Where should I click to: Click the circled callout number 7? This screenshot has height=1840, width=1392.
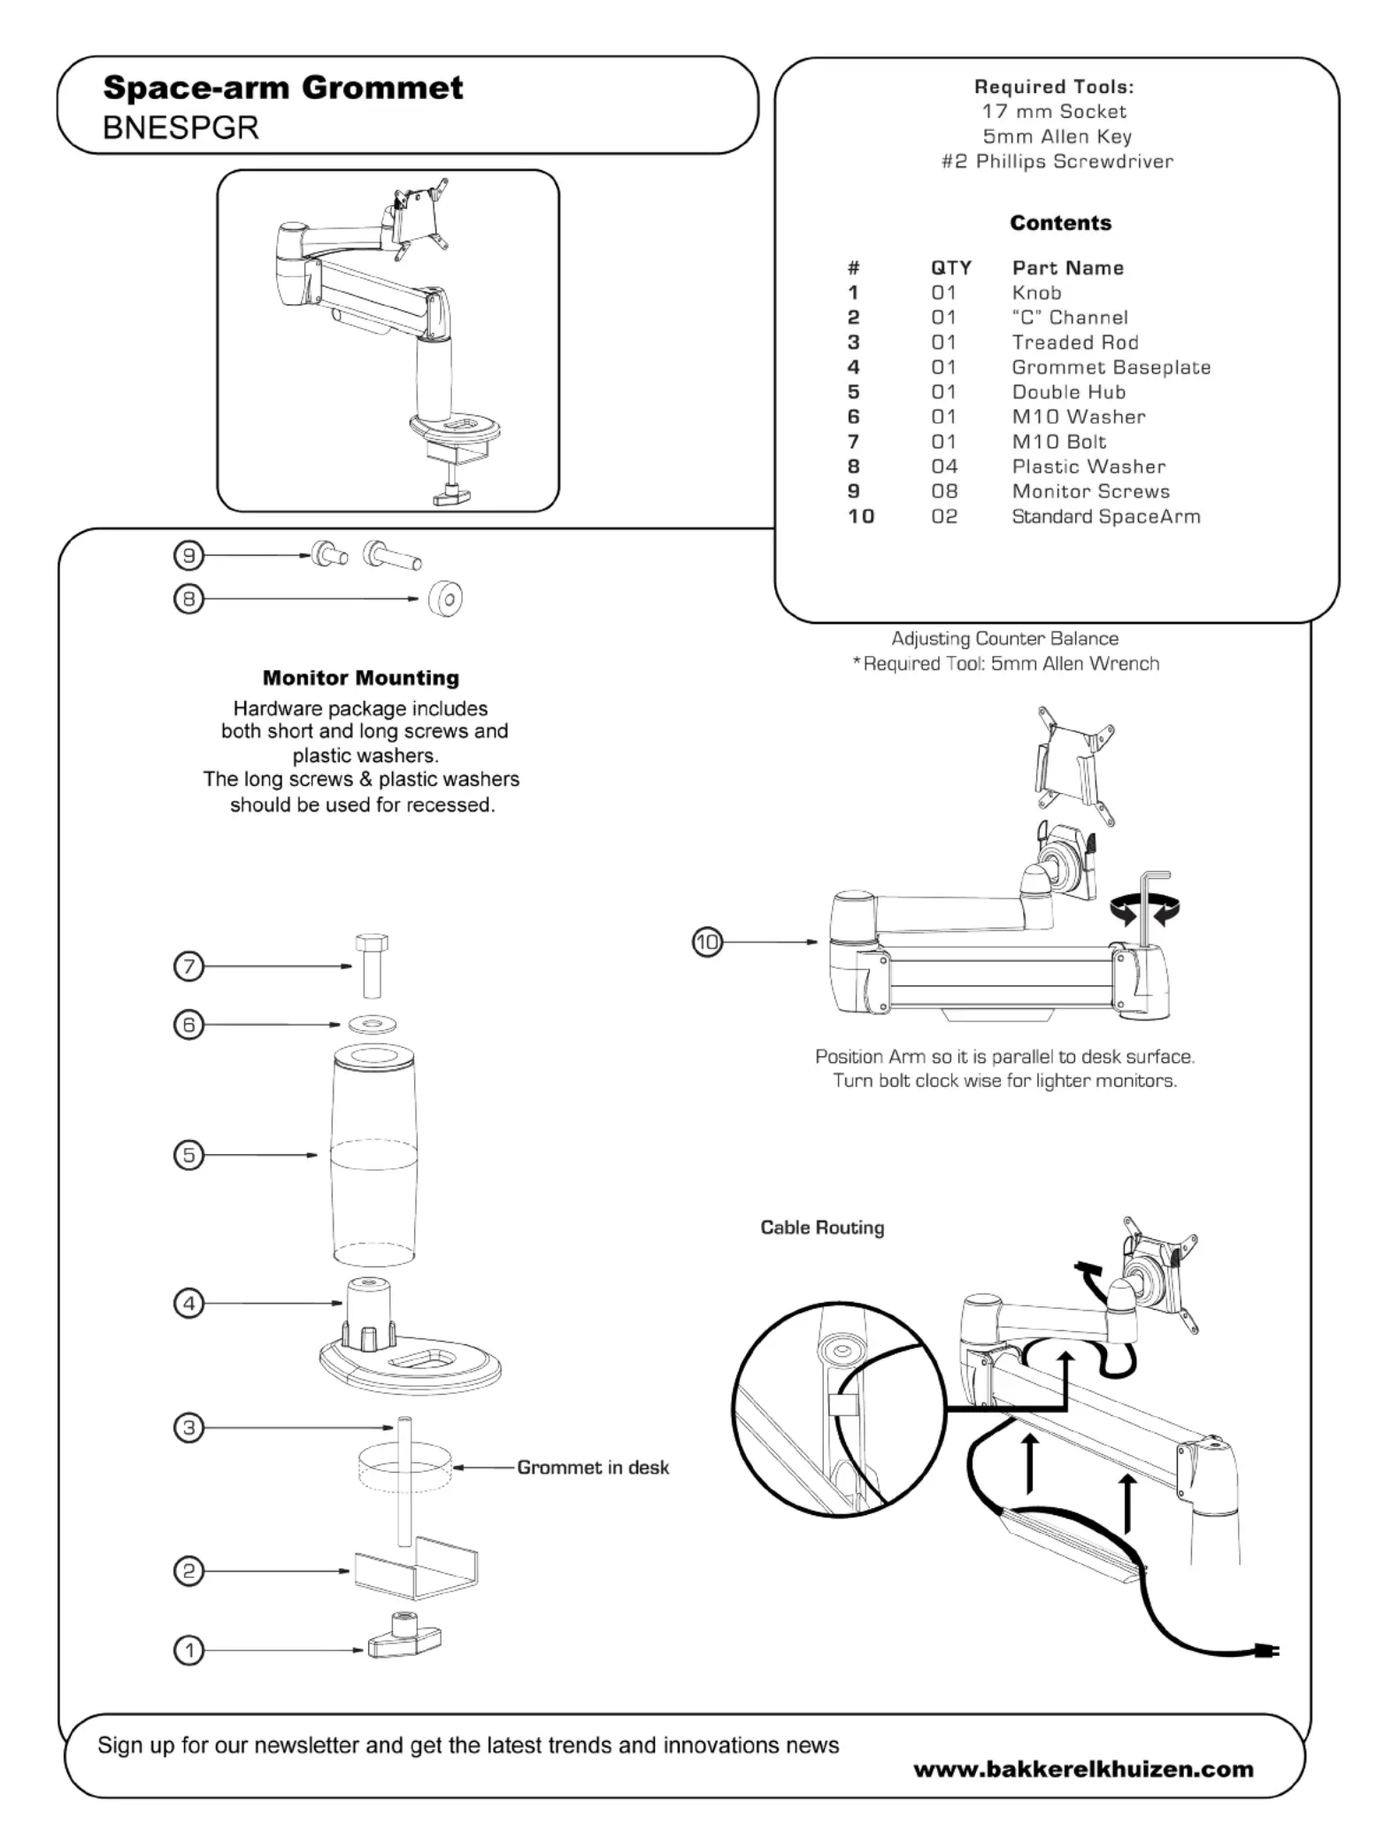[188, 966]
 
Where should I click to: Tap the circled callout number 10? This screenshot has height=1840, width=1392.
[707, 942]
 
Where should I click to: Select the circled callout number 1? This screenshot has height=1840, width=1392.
[188, 1650]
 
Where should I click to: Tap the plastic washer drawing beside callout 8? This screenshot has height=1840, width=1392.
[445, 599]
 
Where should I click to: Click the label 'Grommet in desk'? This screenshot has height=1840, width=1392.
[593, 1467]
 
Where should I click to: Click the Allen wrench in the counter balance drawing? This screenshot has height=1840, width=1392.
[1149, 912]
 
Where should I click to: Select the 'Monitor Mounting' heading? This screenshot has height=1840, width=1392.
[361, 678]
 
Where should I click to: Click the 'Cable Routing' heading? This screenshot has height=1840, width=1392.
[822, 1228]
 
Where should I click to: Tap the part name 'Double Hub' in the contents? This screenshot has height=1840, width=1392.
[1068, 392]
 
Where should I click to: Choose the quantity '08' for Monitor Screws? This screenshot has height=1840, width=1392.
[944, 491]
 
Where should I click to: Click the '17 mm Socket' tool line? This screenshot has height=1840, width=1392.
[1054, 112]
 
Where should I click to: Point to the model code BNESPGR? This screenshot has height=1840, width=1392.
[181, 128]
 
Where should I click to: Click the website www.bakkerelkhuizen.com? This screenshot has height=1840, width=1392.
[1083, 1769]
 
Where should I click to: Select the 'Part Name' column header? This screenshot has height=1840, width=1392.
[1067, 268]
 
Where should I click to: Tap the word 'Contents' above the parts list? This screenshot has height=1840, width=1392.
[1060, 223]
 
